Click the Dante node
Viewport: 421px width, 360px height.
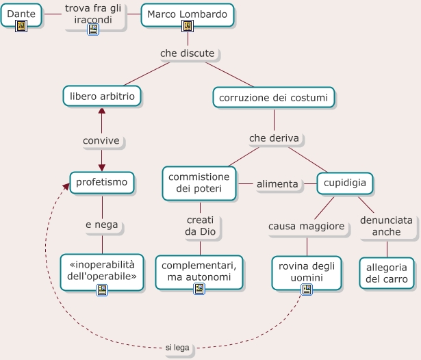click(x=21, y=13)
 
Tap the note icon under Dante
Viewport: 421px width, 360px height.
click(x=21, y=27)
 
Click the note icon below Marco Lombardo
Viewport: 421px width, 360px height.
click(x=187, y=27)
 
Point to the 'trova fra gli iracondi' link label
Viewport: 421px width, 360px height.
click(x=92, y=14)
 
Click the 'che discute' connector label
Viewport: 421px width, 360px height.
click(x=187, y=53)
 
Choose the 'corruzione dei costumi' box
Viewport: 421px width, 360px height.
click(x=273, y=98)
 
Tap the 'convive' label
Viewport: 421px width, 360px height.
click(x=101, y=141)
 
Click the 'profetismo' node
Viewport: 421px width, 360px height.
click(x=101, y=183)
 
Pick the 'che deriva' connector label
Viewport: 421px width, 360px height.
click(x=274, y=138)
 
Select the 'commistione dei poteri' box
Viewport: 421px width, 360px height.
click(x=200, y=183)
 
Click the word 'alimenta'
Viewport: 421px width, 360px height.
click(x=277, y=183)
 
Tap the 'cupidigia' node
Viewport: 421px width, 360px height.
click(x=344, y=183)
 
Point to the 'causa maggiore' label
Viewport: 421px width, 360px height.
click(x=305, y=226)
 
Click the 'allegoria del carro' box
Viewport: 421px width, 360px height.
click(x=387, y=273)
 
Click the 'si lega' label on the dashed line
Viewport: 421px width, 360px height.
click(x=177, y=348)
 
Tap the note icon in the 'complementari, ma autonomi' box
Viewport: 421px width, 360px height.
click(x=199, y=289)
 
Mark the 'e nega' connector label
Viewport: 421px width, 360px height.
click(x=102, y=224)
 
